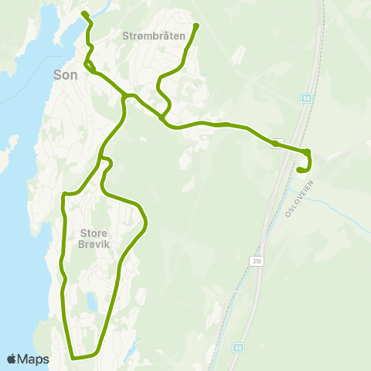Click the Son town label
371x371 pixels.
click(64, 76)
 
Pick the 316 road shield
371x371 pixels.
click(256, 262)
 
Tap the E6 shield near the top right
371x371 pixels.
click(306, 99)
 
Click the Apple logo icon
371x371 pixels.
click(12, 359)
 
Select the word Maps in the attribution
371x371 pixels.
click(33, 359)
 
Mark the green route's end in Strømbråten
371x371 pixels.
click(196, 26)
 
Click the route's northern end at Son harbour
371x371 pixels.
click(83, 13)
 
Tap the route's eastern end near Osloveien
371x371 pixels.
click(299, 170)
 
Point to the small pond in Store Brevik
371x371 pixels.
click(91, 300)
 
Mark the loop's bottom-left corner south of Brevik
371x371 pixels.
click(73, 357)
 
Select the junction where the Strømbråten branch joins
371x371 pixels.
click(162, 117)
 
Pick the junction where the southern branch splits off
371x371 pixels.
click(124, 95)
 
